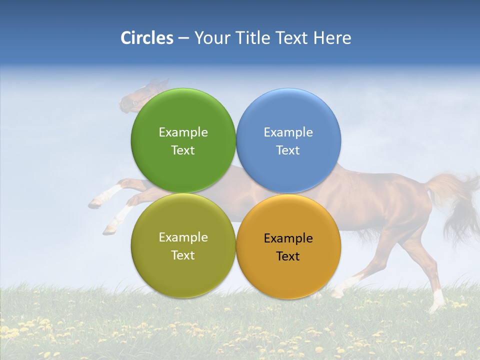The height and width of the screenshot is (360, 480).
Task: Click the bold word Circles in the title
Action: tap(147, 38)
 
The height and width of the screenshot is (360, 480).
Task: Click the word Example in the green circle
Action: tap(183, 132)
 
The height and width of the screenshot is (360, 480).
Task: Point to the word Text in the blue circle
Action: tap(288, 150)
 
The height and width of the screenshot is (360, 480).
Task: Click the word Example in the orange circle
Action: tap(288, 238)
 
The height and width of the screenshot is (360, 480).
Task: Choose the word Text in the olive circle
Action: tap(183, 255)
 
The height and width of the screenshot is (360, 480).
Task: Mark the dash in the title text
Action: tap(183, 38)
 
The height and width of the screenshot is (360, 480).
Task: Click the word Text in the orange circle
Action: tap(288, 256)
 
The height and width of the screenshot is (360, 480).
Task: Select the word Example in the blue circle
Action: tap(288, 132)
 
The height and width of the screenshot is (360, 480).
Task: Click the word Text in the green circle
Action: tap(183, 150)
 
